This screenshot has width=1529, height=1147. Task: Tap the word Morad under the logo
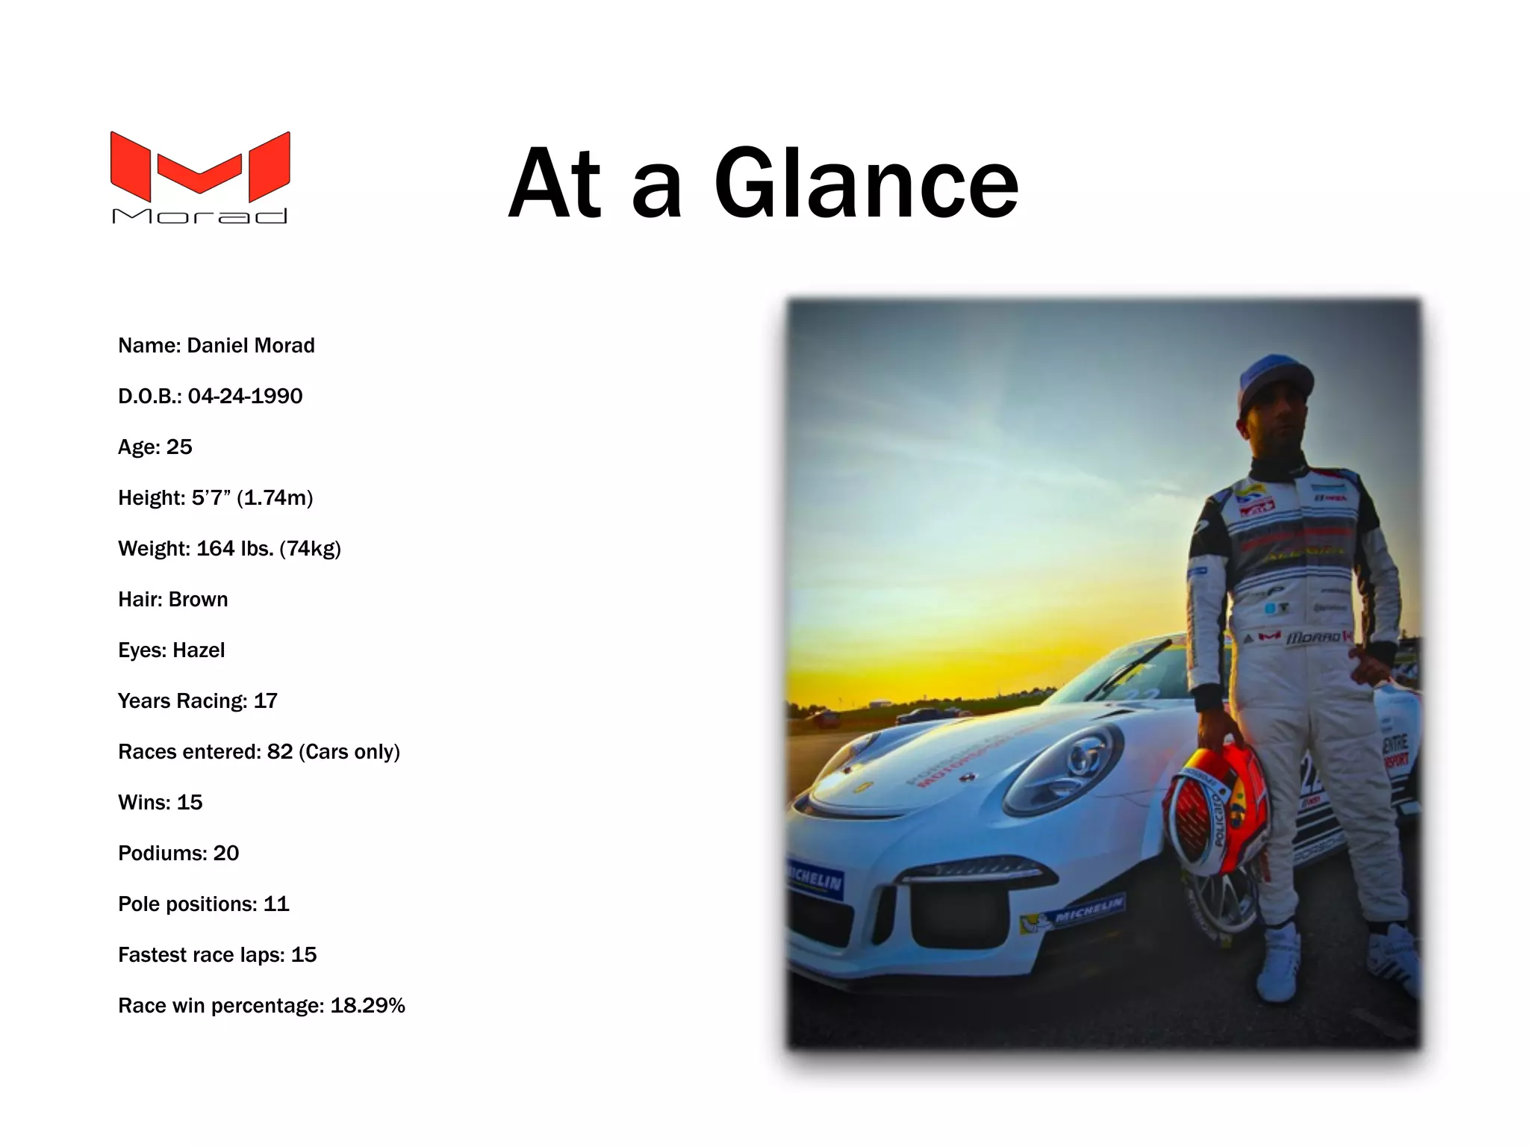200,216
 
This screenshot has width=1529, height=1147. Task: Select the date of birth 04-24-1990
245,396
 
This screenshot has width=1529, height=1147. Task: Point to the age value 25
179,447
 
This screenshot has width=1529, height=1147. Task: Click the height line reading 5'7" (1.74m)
216,497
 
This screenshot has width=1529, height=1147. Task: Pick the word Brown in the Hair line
198,599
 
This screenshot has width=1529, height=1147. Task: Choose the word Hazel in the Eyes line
198,650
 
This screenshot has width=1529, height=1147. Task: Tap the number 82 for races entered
280,751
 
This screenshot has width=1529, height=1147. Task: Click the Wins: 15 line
161,802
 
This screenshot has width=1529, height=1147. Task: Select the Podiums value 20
226,853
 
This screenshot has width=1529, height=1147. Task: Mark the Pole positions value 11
276,904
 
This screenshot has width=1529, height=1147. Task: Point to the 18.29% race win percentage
367,1005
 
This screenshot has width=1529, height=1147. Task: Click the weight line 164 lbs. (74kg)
230,548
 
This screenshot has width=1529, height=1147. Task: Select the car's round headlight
1064,769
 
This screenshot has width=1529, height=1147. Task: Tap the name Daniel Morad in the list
250,345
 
